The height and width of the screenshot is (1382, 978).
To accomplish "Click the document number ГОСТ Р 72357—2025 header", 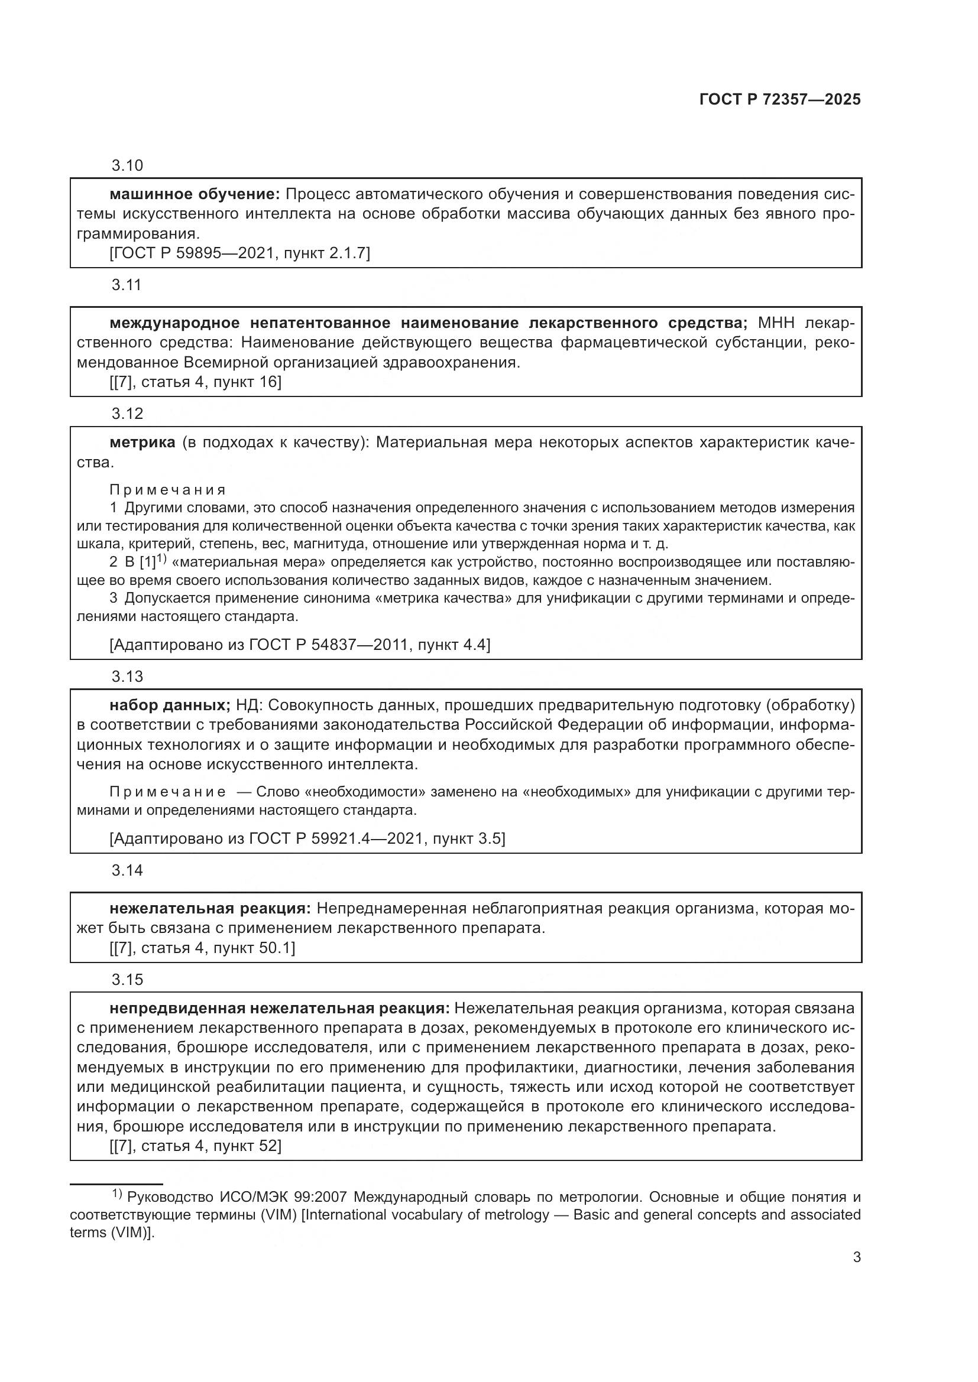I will point(780,99).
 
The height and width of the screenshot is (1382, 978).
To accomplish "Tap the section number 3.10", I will point(127,165).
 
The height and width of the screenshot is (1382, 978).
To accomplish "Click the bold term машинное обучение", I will point(195,194).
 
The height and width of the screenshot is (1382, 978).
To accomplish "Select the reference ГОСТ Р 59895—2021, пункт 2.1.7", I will point(239,253).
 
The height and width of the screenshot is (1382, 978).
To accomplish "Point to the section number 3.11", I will point(127,285).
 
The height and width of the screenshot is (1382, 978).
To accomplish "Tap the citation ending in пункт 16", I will point(196,382).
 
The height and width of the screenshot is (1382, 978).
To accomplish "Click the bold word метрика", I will point(142,443).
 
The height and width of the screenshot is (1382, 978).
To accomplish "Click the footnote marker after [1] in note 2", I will point(161,559).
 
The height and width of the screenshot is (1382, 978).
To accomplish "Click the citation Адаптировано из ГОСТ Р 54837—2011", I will point(300,645).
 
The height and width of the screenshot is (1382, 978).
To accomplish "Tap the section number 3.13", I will point(127,677).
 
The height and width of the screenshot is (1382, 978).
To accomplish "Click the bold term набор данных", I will point(170,705).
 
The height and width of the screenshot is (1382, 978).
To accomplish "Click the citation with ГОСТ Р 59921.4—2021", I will point(307,838).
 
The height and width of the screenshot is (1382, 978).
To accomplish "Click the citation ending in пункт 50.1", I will point(202,948).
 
